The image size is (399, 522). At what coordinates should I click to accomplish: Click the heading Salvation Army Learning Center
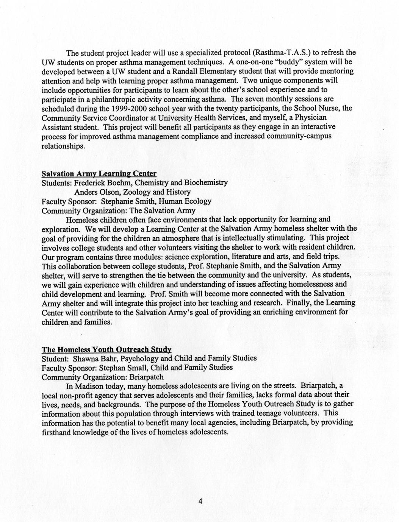(99, 174)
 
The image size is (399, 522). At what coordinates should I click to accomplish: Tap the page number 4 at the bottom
(200, 502)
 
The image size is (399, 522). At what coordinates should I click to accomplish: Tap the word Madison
(88, 386)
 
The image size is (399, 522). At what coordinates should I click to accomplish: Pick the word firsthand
(56, 432)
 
